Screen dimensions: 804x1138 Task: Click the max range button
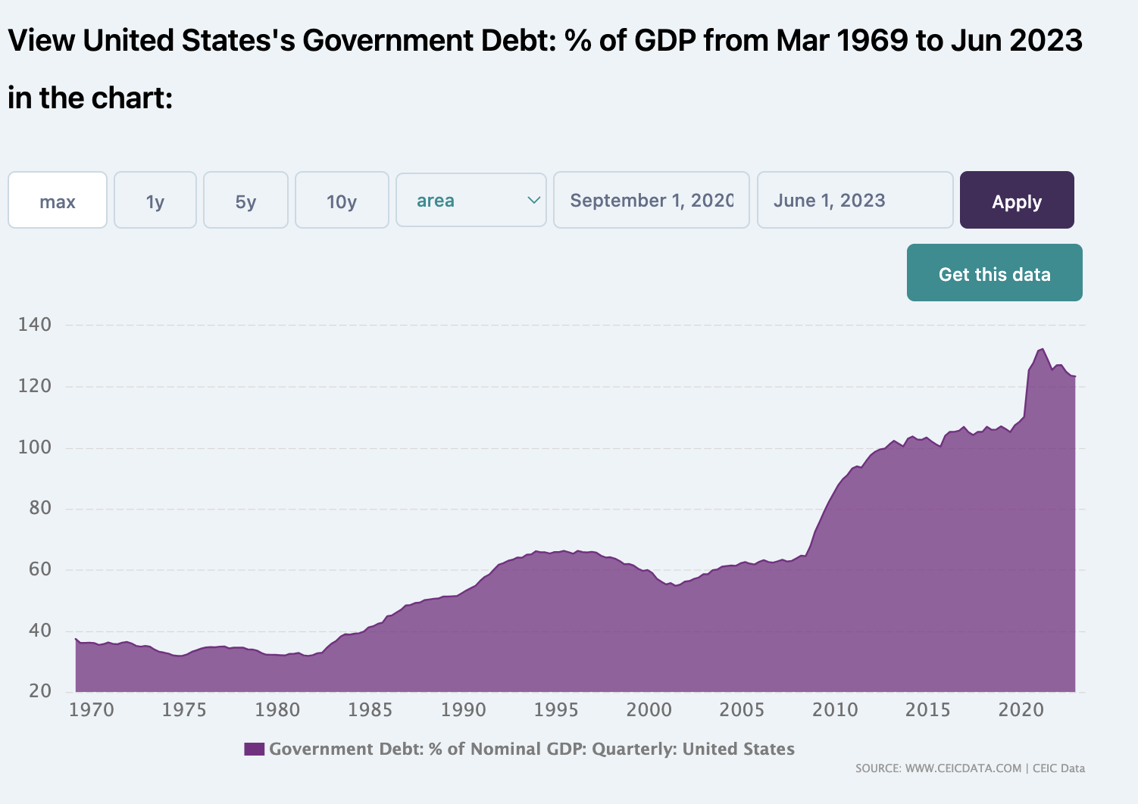click(58, 201)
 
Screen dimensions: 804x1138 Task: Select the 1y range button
click(155, 201)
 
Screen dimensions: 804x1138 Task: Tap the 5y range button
click(245, 201)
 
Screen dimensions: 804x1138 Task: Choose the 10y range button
click(342, 201)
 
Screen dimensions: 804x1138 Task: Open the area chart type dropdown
click(471, 201)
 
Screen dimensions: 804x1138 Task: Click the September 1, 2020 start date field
click(651, 201)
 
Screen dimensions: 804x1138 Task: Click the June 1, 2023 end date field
click(855, 201)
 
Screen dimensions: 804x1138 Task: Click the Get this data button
click(994, 273)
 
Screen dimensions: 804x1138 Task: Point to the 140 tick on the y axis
click(35, 325)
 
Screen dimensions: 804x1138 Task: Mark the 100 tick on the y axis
click(35, 447)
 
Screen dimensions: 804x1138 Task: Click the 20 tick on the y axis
click(39, 691)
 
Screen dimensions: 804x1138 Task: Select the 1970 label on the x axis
click(91, 710)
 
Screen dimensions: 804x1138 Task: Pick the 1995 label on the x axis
click(556, 710)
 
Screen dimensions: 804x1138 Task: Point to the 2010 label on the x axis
click(835, 710)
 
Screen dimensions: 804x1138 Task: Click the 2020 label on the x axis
click(1021, 710)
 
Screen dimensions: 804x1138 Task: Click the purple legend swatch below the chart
click(254, 749)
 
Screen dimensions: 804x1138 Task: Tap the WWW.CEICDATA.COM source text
click(963, 768)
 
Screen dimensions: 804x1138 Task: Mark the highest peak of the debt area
click(1043, 349)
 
